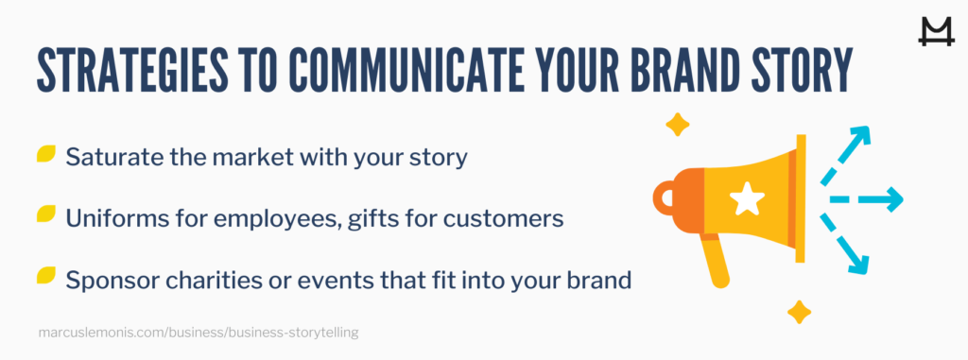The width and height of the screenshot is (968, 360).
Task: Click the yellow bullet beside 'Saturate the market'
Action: (45, 155)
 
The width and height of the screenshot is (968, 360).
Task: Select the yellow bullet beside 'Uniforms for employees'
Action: (45, 215)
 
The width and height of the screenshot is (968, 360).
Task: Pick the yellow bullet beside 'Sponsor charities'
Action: (45, 276)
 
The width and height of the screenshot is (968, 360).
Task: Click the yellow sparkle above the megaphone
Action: (677, 124)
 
